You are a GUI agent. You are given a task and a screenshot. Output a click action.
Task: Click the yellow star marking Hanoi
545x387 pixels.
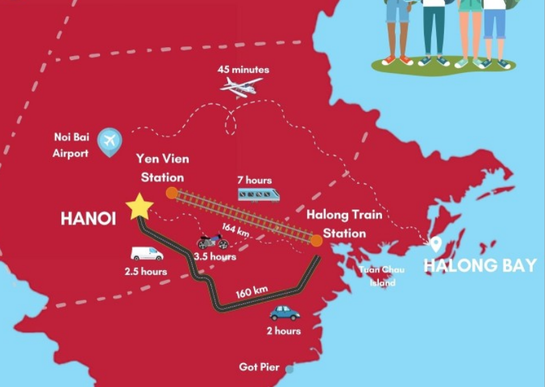139,206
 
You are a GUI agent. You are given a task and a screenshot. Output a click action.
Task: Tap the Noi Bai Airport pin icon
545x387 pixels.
109,141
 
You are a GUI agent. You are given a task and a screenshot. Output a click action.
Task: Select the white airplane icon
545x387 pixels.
241,87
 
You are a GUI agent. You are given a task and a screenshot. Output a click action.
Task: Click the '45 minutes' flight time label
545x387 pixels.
243,70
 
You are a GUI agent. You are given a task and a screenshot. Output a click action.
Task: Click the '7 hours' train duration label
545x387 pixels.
254,180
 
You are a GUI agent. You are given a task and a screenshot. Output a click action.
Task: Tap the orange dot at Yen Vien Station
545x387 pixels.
172,192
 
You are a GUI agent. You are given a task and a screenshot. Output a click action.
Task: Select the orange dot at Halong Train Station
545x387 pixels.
317,240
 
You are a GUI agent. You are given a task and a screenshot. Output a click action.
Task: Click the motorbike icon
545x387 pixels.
213,242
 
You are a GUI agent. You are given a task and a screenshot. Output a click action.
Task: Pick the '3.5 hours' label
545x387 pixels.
215,257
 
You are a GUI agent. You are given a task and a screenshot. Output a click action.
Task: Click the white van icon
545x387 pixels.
147,254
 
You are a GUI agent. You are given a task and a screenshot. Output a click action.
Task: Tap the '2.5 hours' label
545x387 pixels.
146,272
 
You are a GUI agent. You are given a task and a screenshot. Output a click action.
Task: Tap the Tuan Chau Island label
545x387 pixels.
383,276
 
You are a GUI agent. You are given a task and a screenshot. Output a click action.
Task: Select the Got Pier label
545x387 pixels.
259,367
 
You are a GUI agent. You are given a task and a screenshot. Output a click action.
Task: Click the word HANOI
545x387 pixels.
88,218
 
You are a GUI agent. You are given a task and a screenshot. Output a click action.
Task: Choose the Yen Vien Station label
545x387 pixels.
162,168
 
